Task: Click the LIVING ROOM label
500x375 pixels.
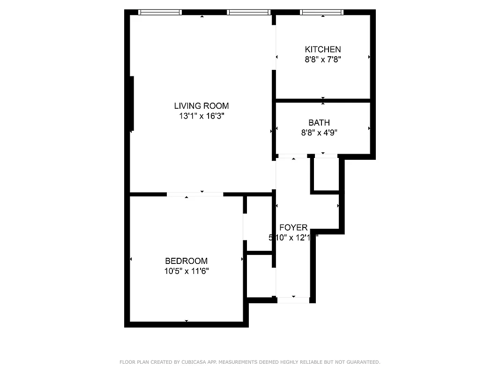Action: click(201, 106)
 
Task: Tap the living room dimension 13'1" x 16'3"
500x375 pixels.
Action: click(201, 116)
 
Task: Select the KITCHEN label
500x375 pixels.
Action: click(323, 49)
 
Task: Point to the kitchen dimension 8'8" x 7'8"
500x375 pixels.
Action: click(323, 60)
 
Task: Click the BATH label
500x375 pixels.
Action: click(319, 123)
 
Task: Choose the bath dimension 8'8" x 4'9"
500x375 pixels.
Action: click(319, 133)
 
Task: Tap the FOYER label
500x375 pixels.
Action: click(293, 228)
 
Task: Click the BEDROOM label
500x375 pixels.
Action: click(186, 261)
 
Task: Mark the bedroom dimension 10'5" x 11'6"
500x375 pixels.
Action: click(186, 271)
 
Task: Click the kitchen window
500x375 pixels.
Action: click(321, 12)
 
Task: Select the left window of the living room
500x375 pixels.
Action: click(160, 12)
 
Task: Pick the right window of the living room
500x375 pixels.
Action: click(248, 12)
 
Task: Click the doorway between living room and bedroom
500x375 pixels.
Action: click(195, 194)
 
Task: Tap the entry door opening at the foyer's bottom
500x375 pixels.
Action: click(293, 300)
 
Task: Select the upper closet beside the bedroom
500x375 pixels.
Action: click(259, 224)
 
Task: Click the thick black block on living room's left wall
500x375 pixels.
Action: click(132, 103)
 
